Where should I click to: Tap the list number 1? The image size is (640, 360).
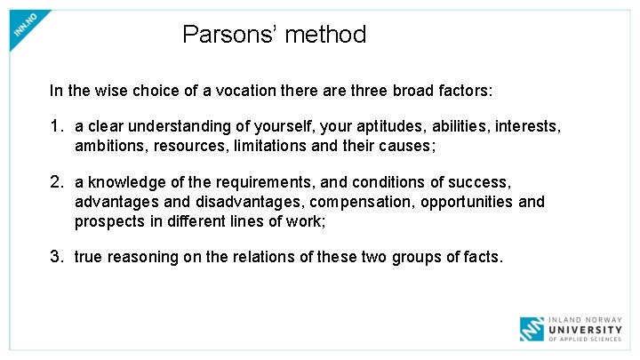point(57,127)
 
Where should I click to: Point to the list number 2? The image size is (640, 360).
point(57,182)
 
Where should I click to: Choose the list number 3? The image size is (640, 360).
point(57,257)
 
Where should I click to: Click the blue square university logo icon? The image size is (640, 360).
point(532,329)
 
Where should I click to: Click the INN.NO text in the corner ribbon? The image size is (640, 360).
point(25,25)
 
